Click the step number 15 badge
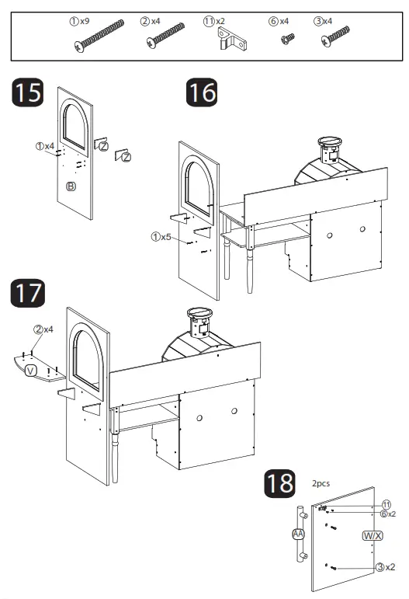point(27,94)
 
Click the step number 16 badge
point(201,94)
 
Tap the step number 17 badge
point(27,295)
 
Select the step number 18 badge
point(279,483)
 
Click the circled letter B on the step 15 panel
point(71,186)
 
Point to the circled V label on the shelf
point(31,370)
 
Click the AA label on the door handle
point(297,535)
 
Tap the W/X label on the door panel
point(373,536)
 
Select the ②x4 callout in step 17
point(43,329)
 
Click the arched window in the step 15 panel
point(77,123)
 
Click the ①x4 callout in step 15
point(44,145)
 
